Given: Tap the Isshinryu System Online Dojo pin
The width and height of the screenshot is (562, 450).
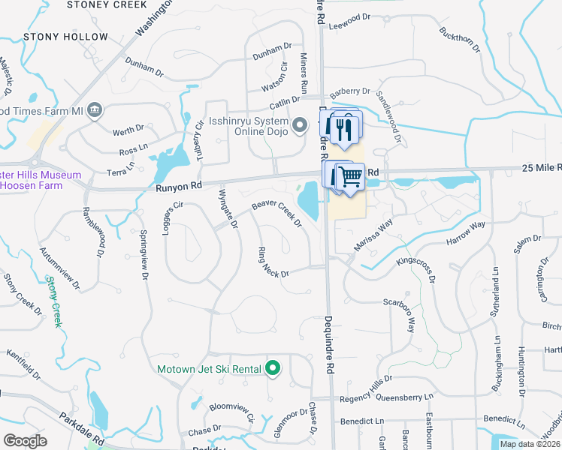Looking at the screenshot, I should (300, 124).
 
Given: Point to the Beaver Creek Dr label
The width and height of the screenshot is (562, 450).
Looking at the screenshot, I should (276, 213).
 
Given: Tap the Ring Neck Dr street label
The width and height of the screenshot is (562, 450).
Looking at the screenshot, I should (273, 262).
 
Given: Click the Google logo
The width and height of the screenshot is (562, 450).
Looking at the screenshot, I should (25, 440).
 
